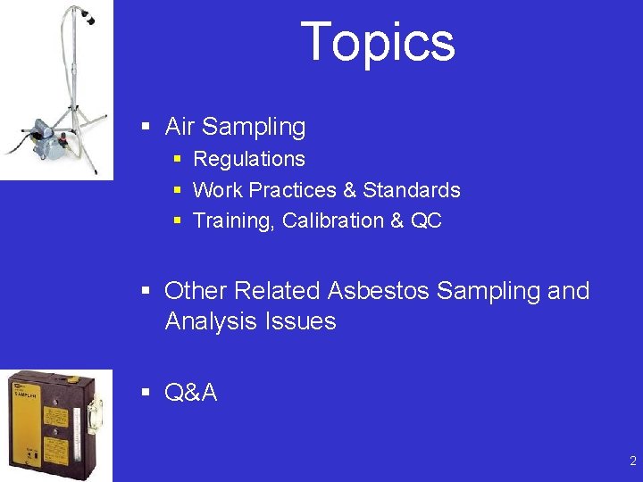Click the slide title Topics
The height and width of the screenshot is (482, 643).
(378, 42)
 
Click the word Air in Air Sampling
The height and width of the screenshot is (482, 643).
(180, 127)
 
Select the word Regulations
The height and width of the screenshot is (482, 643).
(249, 159)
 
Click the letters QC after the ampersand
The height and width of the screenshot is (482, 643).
(426, 220)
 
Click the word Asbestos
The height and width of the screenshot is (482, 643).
(379, 291)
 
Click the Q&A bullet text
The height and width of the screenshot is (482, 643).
(191, 392)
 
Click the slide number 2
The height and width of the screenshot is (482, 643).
(632, 461)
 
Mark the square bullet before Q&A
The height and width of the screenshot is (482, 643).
(146, 392)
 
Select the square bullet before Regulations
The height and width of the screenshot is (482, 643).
(178, 159)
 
